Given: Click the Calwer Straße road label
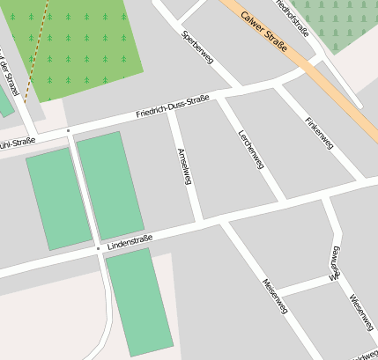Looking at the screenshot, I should pos(263,26).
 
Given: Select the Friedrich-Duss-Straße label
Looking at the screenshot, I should pos(173,109).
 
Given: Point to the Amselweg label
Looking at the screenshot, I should pos(184,166).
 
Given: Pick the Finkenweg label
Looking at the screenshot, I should pos(318,132).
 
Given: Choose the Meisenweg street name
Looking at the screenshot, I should pos(274,296).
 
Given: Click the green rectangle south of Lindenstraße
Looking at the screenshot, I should pos(139,301).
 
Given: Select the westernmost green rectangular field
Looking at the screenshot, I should pos(59,198).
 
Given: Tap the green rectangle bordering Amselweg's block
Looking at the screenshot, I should pos(110,185).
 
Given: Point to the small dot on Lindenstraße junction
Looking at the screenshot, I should pos(98,249).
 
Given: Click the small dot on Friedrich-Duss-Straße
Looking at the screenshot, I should pos(68,130).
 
